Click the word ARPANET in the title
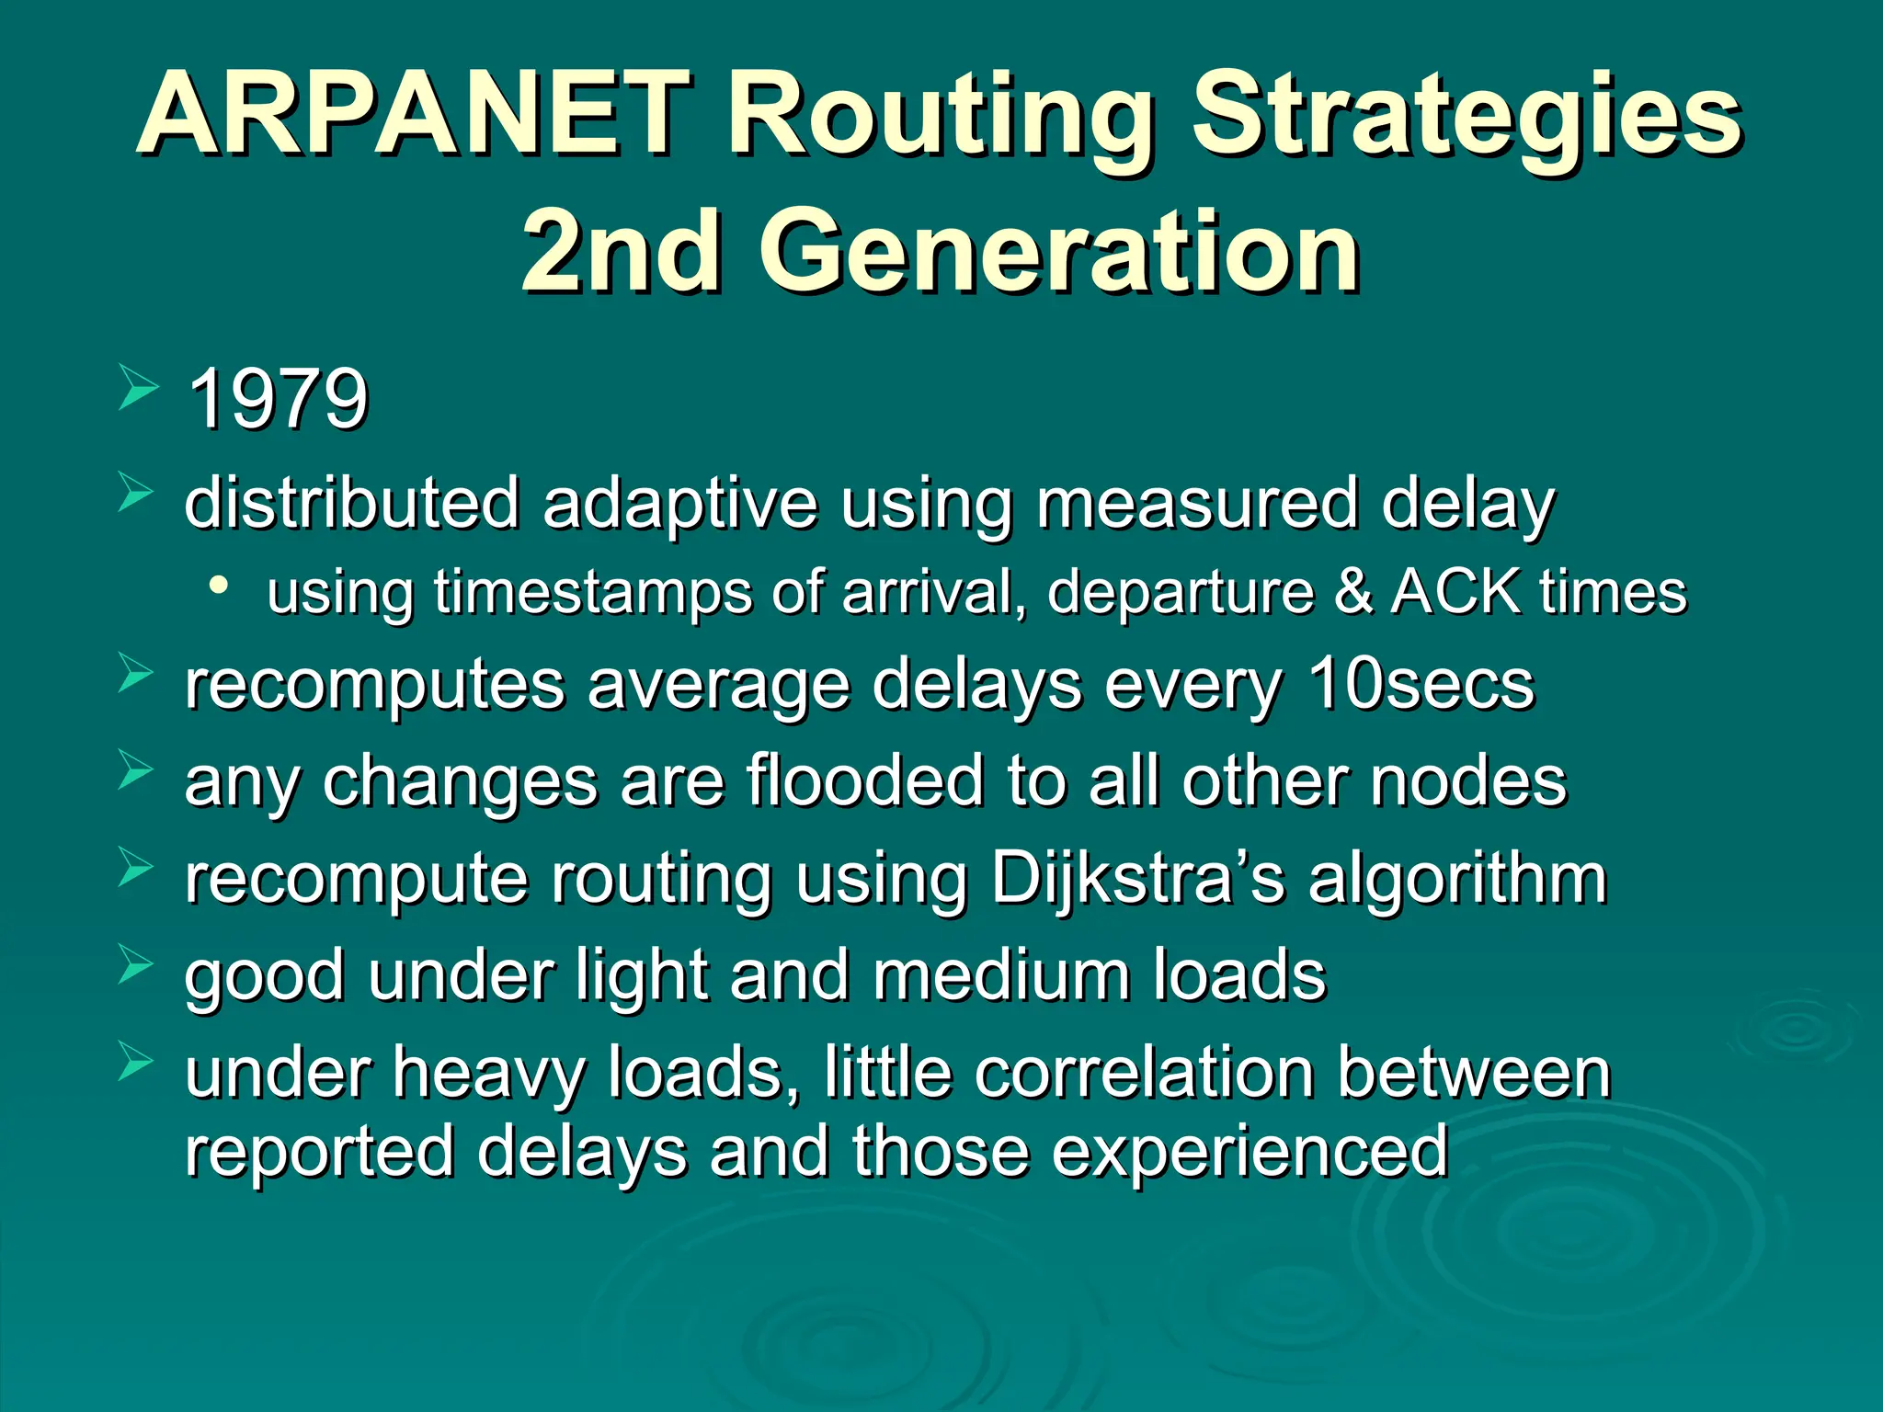click(414, 115)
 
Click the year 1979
click(278, 399)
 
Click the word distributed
click(352, 503)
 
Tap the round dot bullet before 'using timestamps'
click(218, 586)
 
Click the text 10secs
click(1421, 685)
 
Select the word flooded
click(864, 780)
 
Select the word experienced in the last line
click(1250, 1151)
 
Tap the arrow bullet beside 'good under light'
click(137, 965)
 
